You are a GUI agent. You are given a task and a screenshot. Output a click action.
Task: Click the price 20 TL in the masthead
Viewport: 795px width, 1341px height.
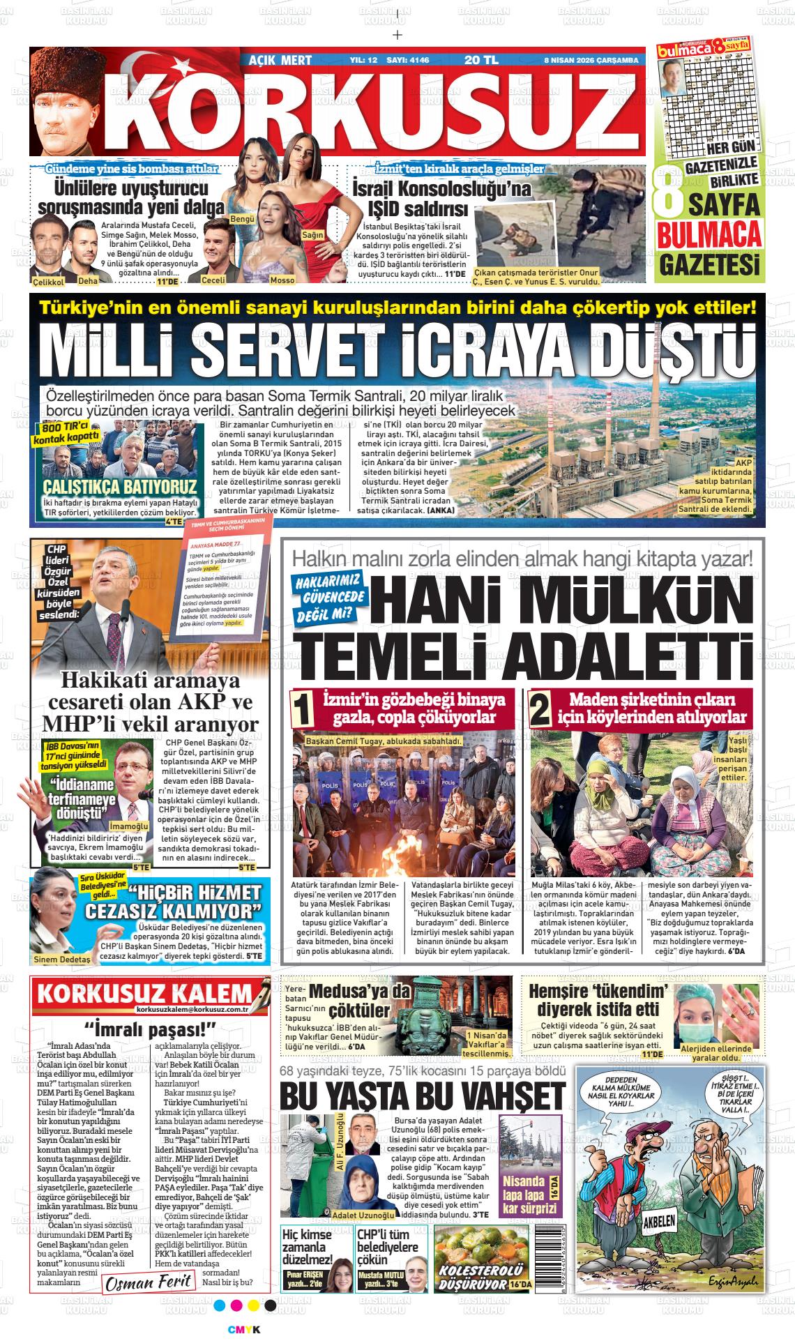pos(481,60)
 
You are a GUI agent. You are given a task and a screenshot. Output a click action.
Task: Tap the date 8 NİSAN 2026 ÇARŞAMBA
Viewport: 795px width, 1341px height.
pos(591,61)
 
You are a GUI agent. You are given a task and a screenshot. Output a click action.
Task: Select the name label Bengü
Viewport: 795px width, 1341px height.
pos(242,219)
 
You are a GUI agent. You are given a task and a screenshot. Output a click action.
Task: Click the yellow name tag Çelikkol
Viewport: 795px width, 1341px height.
pos(48,282)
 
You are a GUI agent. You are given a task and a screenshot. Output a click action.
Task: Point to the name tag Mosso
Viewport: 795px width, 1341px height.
pos(282,280)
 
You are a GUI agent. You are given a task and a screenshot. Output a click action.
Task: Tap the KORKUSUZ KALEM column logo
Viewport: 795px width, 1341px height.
pos(144,993)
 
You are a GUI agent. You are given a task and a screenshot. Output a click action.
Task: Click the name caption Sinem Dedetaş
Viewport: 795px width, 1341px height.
pos(61,960)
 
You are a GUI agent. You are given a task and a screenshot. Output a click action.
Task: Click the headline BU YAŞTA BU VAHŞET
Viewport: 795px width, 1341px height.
pos(422,1096)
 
